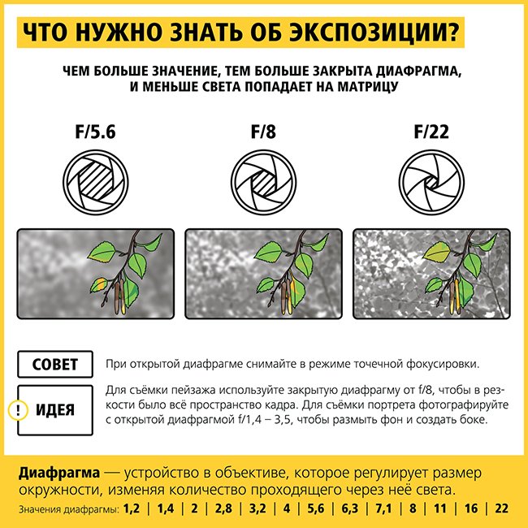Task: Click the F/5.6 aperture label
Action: point(95,132)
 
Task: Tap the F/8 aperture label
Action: point(263,132)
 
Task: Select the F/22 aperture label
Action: point(431,132)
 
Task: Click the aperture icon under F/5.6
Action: point(96,182)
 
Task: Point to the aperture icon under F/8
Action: point(264,182)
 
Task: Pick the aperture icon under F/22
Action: point(431,182)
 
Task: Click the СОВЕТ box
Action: point(55,364)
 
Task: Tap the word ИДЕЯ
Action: point(55,410)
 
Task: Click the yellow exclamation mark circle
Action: point(18,410)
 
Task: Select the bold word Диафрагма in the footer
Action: point(59,473)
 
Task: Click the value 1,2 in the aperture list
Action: point(132,509)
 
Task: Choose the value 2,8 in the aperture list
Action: point(223,509)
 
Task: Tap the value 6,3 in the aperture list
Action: point(350,509)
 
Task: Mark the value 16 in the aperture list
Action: point(471,509)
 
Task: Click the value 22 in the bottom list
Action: point(502,509)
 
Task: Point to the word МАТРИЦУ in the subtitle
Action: point(368,87)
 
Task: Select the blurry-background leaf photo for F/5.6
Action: point(96,274)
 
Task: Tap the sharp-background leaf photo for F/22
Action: point(431,274)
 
